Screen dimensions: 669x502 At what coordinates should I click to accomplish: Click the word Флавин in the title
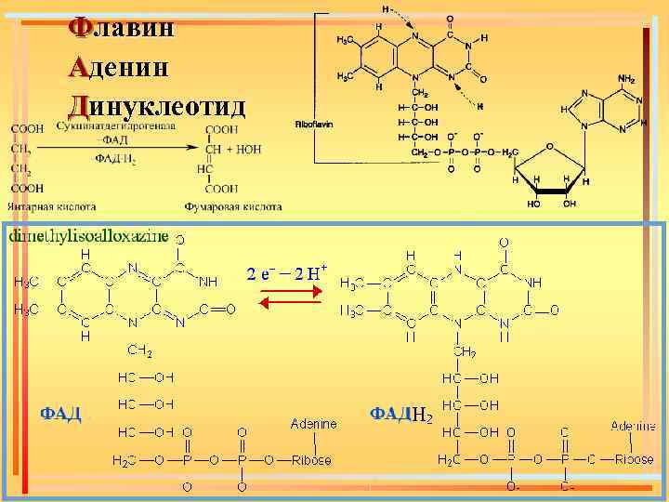[x=121, y=28]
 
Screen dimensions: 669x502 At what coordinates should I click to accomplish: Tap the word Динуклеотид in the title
[x=157, y=105]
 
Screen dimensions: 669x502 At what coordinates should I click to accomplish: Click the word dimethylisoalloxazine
[x=89, y=236]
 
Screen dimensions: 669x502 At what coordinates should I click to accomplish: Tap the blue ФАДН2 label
[x=401, y=413]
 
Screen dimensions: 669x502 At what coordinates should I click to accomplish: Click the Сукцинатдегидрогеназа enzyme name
[x=115, y=125]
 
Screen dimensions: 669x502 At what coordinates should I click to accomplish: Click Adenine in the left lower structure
[x=313, y=424]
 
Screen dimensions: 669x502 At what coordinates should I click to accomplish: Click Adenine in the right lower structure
[x=633, y=426]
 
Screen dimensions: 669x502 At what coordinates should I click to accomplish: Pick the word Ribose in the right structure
[x=633, y=459]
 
